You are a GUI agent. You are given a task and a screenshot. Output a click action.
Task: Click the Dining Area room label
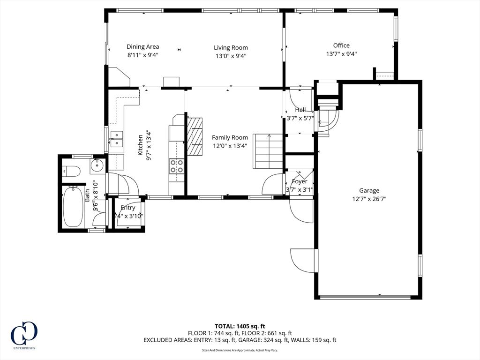coord(143,46)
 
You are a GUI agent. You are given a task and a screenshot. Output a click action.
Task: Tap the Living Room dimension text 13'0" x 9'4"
coord(231,56)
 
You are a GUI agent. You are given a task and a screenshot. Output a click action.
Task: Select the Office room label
coord(341,45)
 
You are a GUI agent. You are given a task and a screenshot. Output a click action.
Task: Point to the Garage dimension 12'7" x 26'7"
coord(369,199)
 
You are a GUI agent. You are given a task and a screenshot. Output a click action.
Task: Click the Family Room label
coord(230,137)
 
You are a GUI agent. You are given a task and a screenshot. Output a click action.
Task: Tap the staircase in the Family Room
coord(269,151)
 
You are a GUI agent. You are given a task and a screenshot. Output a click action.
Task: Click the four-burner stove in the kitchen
coord(177,166)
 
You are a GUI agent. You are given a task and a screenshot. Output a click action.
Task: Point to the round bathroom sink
coord(98,165)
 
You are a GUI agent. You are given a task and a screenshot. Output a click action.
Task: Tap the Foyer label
coord(300,181)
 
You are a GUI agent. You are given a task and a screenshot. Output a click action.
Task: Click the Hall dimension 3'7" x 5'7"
coord(300,118)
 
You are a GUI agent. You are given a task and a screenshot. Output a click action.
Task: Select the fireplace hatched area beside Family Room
coord(195,136)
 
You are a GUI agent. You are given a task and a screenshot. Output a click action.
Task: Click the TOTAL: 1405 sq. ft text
coord(240,326)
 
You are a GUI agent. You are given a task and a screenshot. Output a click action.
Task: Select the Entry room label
coord(128,208)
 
